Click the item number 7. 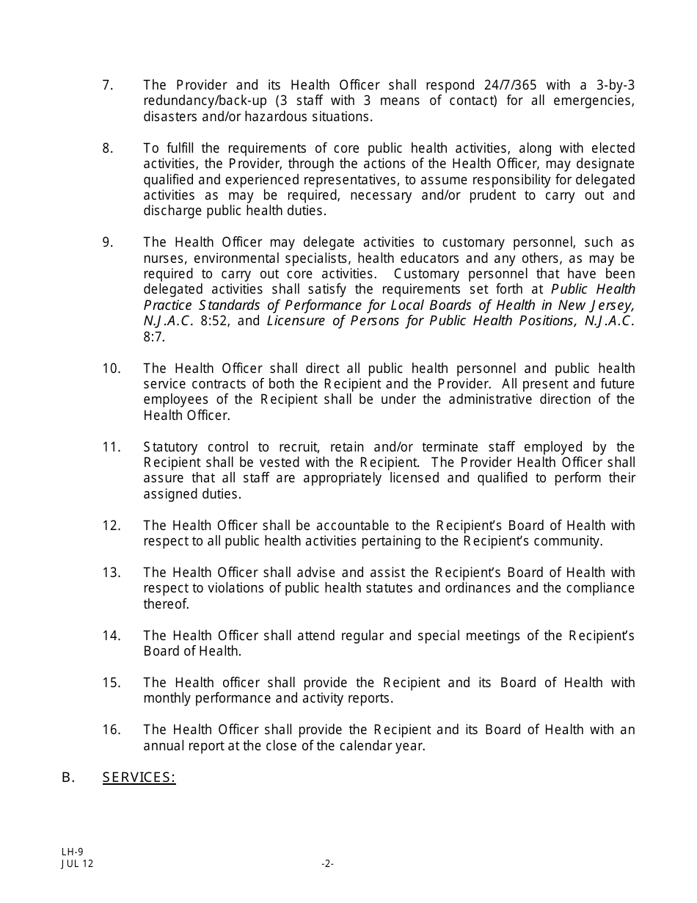point(107,85)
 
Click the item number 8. point(107,148)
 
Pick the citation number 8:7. point(154,337)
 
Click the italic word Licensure point(293,321)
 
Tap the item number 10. point(111,369)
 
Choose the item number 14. point(111,636)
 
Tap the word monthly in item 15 point(167,698)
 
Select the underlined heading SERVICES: point(139,777)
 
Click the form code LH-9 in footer point(72,852)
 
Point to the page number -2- point(327,864)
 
